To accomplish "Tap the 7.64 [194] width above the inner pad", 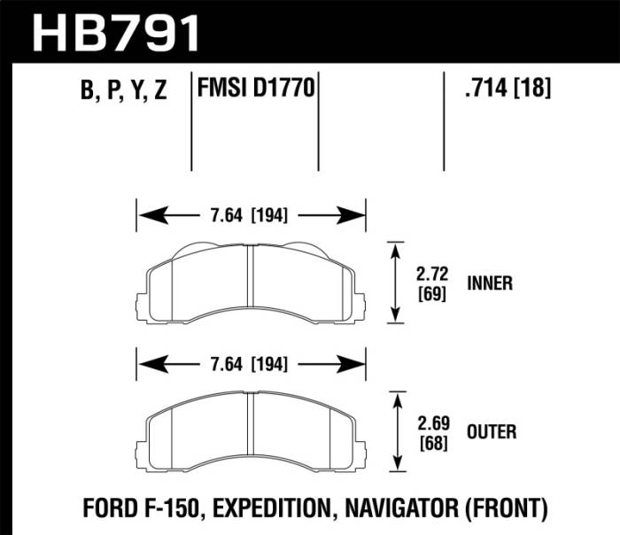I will coord(250,214).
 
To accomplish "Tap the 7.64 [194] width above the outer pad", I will coord(250,363).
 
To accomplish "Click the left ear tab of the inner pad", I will coord(140,306).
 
